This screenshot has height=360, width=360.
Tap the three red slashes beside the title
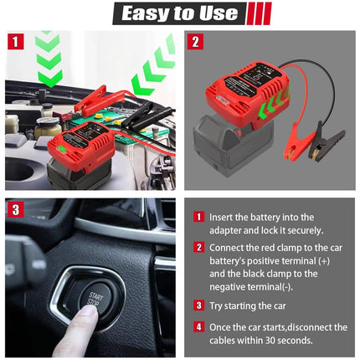(x=257, y=13)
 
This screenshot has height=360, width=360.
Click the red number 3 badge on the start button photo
(x=15, y=209)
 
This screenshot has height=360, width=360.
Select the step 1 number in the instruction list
(x=198, y=217)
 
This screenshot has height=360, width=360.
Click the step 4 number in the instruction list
(x=198, y=326)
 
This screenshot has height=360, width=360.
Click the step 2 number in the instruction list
(x=198, y=247)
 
